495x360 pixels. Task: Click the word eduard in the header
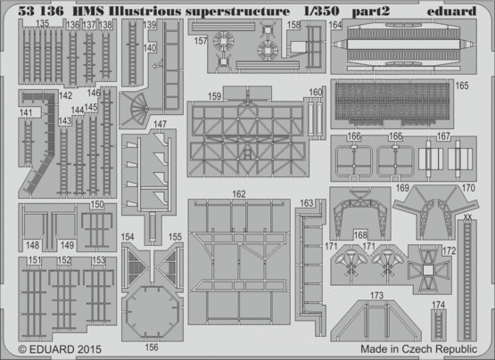tap(451, 12)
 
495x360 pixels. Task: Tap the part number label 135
tap(42, 24)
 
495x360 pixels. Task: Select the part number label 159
tap(215, 96)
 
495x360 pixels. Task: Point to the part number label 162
tap(239, 194)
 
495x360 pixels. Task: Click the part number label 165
tap(462, 86)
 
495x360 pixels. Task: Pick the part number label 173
tap(376, 295)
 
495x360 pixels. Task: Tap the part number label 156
tap(152, 348)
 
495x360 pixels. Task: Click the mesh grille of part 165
tap(392, 101)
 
